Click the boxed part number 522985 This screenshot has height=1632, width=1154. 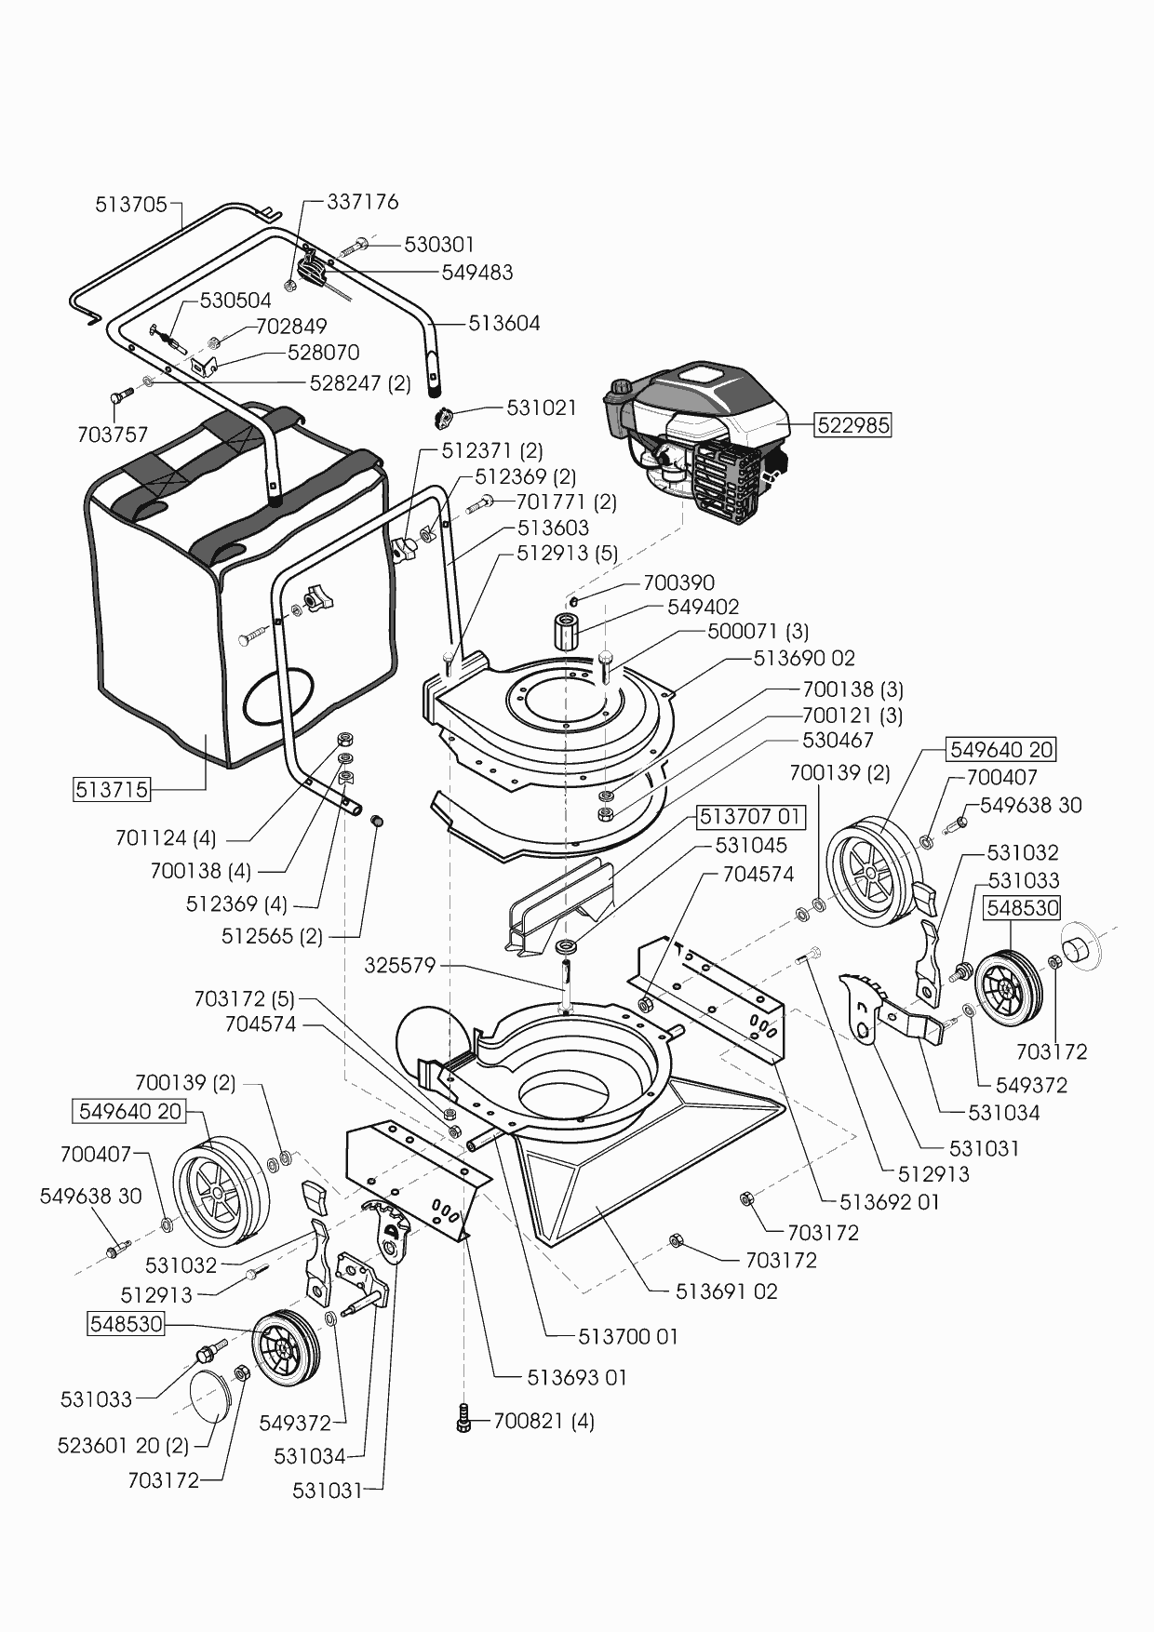click(853, 425)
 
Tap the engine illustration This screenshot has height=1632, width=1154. click(698, 437)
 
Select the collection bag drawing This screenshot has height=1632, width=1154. click(233, 595)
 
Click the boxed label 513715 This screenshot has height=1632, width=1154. click(112, 790)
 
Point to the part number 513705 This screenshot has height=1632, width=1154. click(130, 204)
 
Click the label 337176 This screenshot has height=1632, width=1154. click(363, 202)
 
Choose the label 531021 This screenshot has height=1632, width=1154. click(542, 408)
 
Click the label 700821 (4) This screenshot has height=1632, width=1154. click(543, 1421)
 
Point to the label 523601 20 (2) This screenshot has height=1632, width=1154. click(123, 1447)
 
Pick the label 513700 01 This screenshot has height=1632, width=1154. click(628, 1336)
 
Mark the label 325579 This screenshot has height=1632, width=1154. click(400, 966)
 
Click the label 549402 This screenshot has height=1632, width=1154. click(704, 607)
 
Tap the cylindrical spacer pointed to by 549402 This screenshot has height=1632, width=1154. click(567, 635)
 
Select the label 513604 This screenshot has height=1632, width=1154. click(504, 324)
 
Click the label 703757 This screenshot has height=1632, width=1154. click(113, 435)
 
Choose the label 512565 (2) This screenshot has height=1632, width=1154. click(272, 936)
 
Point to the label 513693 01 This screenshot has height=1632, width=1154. click(577, 1377)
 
